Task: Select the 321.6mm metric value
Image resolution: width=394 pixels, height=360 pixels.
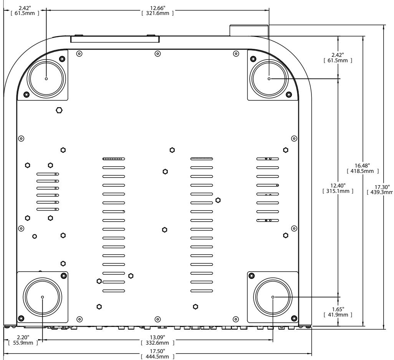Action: [157, 13]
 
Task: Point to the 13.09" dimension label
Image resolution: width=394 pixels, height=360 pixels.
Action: [157, 337]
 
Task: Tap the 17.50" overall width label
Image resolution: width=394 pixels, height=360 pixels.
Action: [157, 352]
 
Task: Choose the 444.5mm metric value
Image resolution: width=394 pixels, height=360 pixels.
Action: [157, 357]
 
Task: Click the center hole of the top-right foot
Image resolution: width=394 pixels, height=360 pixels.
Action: [269, 78]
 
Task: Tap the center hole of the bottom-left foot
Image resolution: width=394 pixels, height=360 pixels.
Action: [42, 297]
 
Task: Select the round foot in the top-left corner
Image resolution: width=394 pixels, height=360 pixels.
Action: [46, 78]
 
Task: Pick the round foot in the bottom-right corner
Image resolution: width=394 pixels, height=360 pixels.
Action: [273, 297]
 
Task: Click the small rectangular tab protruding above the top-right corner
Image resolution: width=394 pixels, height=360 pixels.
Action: [249, 30]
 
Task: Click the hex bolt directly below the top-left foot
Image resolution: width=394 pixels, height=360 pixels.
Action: [59, 110]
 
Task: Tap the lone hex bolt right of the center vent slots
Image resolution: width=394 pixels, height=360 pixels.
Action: [218, 200]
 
